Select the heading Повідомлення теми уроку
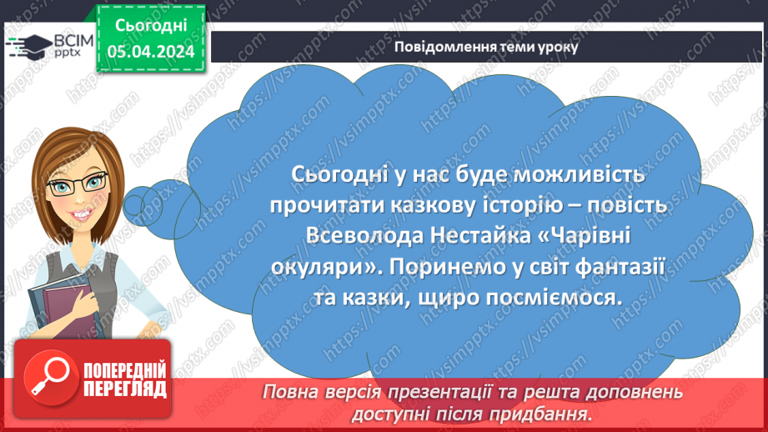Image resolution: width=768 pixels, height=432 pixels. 486,47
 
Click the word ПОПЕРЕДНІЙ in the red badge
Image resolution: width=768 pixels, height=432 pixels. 123,369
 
